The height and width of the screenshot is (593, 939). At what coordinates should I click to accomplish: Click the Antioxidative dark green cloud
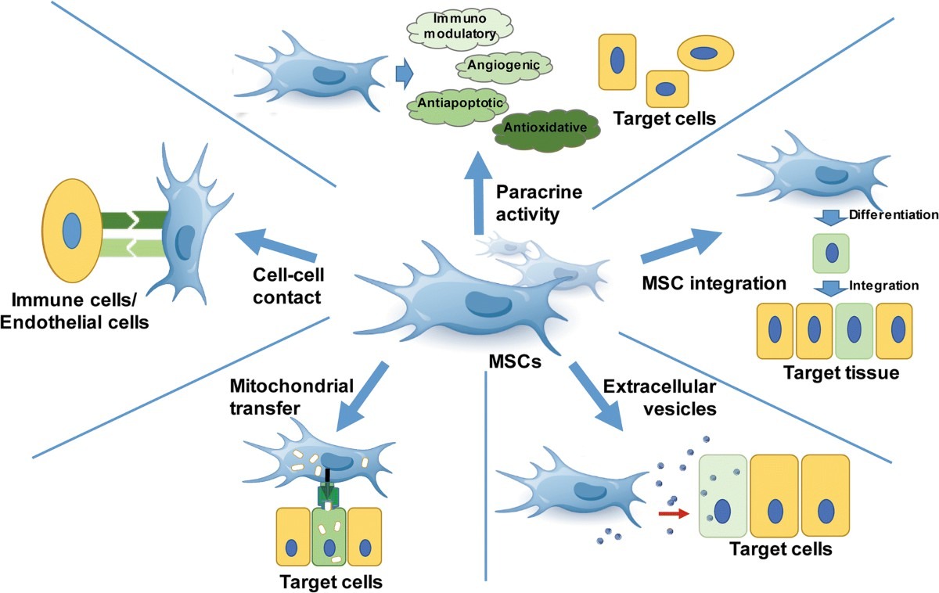tap(545, 127)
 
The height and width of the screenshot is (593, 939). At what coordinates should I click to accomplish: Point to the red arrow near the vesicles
tap(668, 513)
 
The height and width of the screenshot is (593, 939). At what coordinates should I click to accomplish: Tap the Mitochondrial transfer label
tap(292, 396)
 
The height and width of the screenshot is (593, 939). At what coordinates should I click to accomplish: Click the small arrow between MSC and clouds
tap(404, 74)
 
